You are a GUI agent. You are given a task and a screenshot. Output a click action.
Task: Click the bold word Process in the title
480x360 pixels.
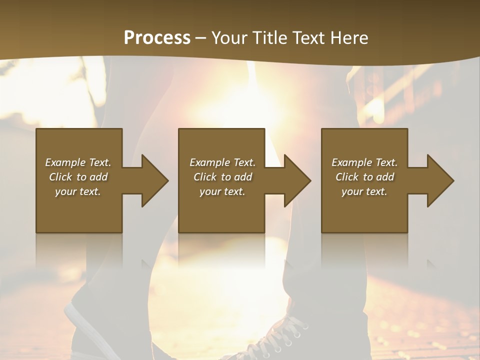pyautogui.click(x=157, y=38)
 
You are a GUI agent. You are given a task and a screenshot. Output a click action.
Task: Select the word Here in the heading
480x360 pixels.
pyautogui.click(x=349, y=38)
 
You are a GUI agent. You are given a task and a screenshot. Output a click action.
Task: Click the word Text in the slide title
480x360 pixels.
pyautogui.click(x=307, y=38)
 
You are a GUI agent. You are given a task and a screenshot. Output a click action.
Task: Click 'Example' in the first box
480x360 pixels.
pyautogui.click(x=65, y=162)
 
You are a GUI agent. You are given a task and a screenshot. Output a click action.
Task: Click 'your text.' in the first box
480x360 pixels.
pyautogui.click(x=78, y=191)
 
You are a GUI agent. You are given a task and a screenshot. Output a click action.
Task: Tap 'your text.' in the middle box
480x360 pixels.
pyautogui.click(x=222, y=191)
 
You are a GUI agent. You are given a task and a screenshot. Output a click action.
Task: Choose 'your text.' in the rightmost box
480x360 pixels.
pyautogui.click(x=364, y=191)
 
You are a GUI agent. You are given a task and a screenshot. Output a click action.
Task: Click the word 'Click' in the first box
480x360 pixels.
pyautogui.click(x=60, y=177)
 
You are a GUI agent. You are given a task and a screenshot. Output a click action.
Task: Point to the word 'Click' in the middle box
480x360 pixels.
pyautogui.click(x=205, y=177)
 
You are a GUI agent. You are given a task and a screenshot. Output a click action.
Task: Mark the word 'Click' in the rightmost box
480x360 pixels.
pyautogui.click(x=347, y=177)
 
